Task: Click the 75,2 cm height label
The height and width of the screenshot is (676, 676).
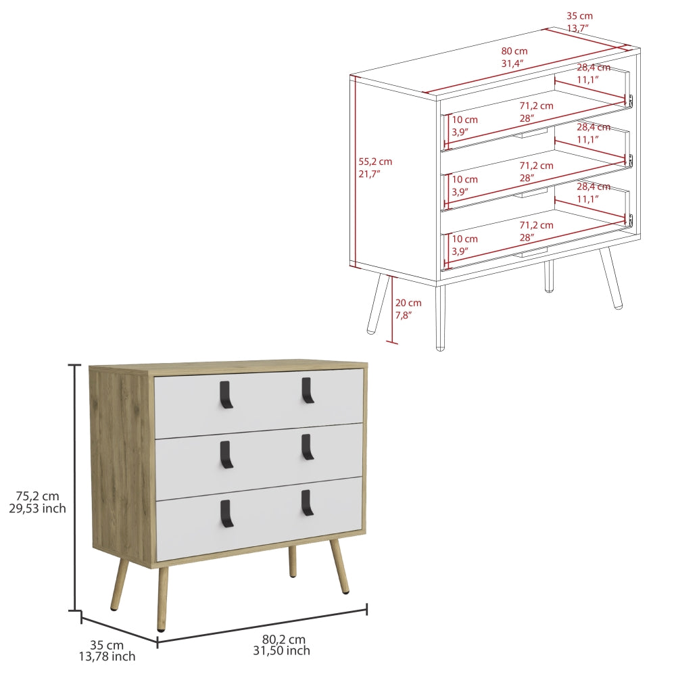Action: click(37, 496)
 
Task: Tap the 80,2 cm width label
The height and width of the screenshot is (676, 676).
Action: click(284, 639)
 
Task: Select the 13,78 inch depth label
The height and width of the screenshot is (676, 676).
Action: click(107, 656)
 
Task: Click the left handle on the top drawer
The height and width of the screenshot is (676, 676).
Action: click(226, 395)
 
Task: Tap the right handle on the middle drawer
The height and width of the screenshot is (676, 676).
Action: click(308, 447)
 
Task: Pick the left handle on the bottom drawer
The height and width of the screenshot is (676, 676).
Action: click(226, 514)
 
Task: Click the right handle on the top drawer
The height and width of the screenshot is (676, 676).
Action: click(308, 391)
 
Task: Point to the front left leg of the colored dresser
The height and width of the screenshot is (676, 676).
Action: click(162, 599)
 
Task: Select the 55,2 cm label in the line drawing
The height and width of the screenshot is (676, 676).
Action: click(375, 162)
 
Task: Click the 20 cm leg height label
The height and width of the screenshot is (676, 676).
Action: click(408, 303)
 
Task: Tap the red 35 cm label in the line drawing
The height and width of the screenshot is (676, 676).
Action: click(579, 16)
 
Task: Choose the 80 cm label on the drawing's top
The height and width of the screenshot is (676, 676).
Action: click(514, 51)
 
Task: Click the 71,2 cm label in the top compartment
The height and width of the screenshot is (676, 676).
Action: click(536, 106)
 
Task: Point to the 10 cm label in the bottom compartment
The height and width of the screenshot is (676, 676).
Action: click(465, 239)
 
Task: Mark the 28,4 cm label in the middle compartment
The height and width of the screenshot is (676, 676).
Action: click(594, 127)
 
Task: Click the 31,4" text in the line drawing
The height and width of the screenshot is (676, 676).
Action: click(512, 64)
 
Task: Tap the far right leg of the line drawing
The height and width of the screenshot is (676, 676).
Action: click(611, 279)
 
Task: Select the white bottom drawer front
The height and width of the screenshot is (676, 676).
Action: click(259, 518)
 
